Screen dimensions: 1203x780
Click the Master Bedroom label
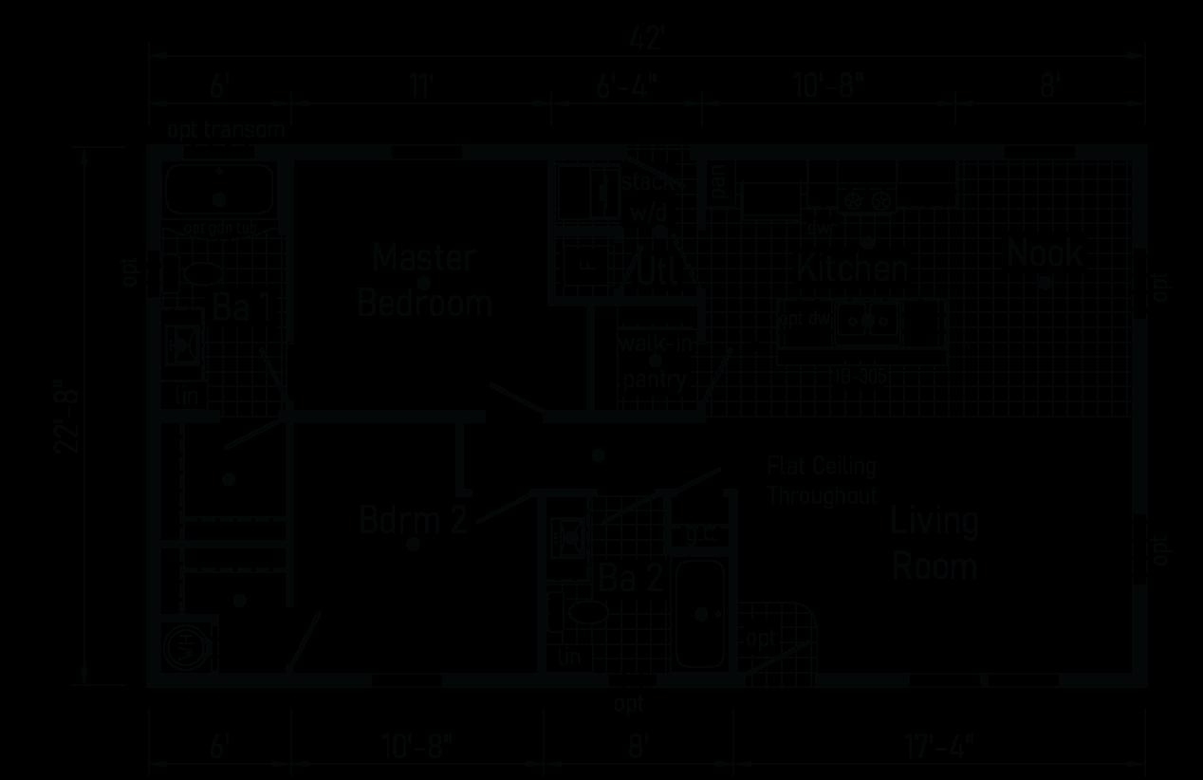424,281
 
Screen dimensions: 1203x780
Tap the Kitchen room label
852,269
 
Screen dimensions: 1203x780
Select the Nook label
1045,253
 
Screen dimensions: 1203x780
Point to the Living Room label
935,544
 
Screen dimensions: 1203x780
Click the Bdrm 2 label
413,520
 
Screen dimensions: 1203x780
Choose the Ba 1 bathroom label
242,307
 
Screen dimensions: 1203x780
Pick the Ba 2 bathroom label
630,578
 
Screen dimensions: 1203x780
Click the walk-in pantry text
655,362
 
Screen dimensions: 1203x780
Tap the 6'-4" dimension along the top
627,87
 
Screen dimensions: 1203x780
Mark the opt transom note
226,130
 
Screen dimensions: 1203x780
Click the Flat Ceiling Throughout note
822,481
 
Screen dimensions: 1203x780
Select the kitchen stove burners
868,199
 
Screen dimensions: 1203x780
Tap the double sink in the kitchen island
867,321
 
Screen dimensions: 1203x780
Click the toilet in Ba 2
583,612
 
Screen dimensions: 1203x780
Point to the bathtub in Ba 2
701,614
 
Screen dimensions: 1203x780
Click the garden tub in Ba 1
219,190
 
